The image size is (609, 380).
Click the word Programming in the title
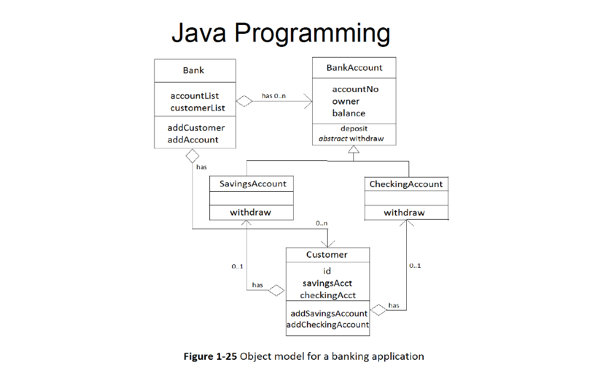pyautogui.click(x=312, y=33)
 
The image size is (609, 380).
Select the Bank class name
pyautogui.click(x=193, y=70)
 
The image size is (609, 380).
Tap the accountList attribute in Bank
pyautogui.click(x=194, y=96)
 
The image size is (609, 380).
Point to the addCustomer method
pyautogui.click(x=196, y=128)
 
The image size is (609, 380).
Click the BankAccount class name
pyautogui.click(x=354, y=68)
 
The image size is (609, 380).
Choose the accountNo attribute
pyautogui.click(x=355, y=89)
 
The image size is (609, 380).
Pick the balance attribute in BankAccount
pyautogui.click(x=349, y=113)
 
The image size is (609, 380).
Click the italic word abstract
pyautogui.click(x=333, y=139)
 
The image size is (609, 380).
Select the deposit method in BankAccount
pyautogui.click(x=354, y=128)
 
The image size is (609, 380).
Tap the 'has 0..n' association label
pyautogui.click(x=274, y=96)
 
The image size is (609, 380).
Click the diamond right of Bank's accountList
pyautogui.click(x=244, y=101)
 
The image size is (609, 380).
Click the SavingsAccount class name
pyautogui.click(x=253, y=184)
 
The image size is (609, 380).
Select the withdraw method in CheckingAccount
pyautogui.click(x=404, y=213)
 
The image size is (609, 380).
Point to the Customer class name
pyautogui.click(x=327, y=255)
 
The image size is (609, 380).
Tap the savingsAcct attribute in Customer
pyautogui.click(x=327, y=283)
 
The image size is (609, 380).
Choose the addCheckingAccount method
pyautogui.click(x=328, y=325)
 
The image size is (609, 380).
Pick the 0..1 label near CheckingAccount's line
pyautogui.click(x=415, y=265)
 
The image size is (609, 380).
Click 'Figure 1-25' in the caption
pyautogui.click(x=210, y=357)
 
